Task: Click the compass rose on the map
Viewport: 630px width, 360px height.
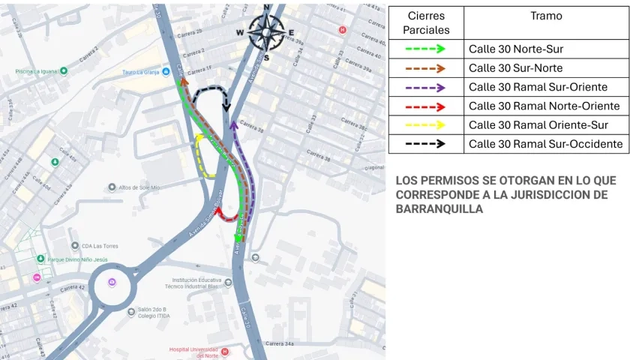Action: point(265,31)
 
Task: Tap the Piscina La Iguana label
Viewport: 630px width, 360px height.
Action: point(37,71)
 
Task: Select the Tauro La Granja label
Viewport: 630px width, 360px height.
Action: point(142,73)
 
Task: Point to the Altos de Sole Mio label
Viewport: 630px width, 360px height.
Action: point(139,187)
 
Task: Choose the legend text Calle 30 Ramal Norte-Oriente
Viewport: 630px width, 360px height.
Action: point(544,106)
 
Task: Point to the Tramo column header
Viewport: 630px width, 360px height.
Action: point(545,16)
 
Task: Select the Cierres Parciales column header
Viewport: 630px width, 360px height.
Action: point(426,22)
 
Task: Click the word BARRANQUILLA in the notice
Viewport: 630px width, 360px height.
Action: point(439,208)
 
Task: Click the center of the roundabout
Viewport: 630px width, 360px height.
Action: point(112,283)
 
